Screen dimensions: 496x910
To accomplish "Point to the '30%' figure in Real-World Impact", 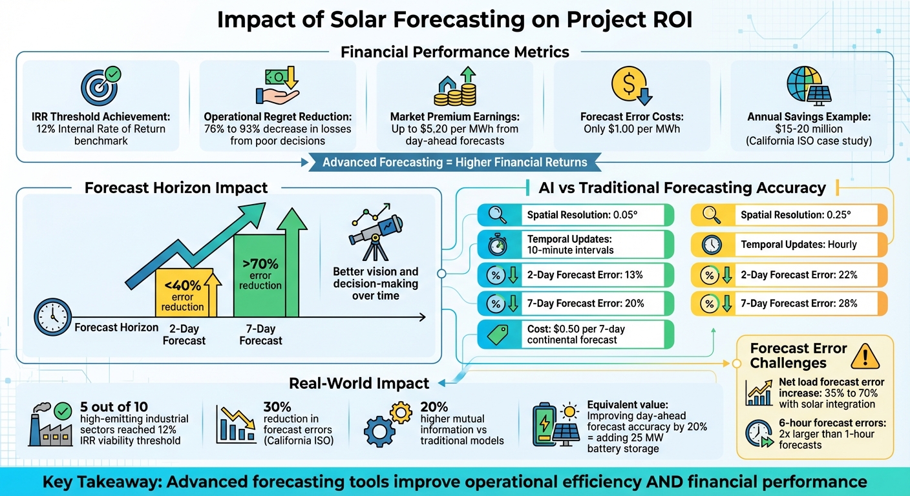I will coord(277,407).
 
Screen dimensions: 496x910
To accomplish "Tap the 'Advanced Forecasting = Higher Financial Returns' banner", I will coord(455,162).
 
